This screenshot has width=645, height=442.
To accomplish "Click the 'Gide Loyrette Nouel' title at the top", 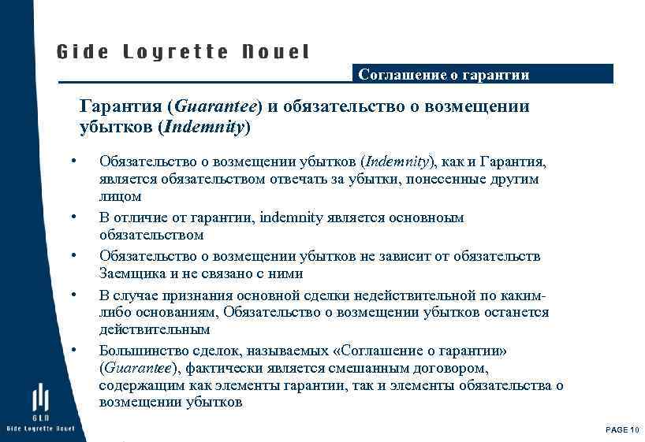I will pyautogui.click(x=183, y=53).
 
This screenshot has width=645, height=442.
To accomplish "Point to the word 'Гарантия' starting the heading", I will pyautogui.click(x=117, y=106).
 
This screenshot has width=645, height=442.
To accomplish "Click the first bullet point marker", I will pyautogui.click(x=73, y=162).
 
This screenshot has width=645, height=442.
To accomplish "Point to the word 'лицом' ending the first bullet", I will pyautogui.click(x=120, y=197).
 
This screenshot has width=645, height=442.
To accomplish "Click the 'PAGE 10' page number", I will pyautogui.click(x=621, y=429).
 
